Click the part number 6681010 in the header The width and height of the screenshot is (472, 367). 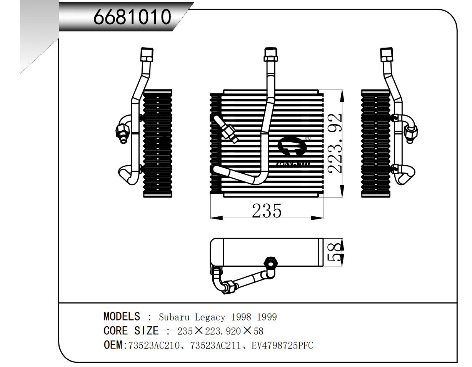point(132,17)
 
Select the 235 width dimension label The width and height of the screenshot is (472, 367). point(267,211)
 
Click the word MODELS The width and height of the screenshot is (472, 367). point(122,317)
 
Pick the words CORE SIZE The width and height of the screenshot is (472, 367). point(131,331)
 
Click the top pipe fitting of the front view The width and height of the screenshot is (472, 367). point(271,55)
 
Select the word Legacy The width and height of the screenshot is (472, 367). point(210,317)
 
